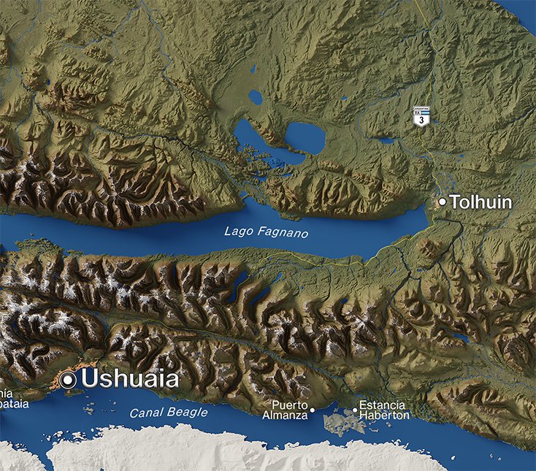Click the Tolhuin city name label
481,202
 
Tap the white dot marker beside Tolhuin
442,201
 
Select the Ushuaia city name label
130,379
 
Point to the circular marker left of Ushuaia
69,380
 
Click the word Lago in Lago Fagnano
238,231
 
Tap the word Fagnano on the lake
281,233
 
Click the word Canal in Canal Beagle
145,413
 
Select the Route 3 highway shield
421,118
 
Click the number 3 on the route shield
421,120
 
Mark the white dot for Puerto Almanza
313,410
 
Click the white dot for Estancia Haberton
356,410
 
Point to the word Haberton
385,416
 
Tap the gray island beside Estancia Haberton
337,423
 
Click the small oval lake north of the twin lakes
255,96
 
